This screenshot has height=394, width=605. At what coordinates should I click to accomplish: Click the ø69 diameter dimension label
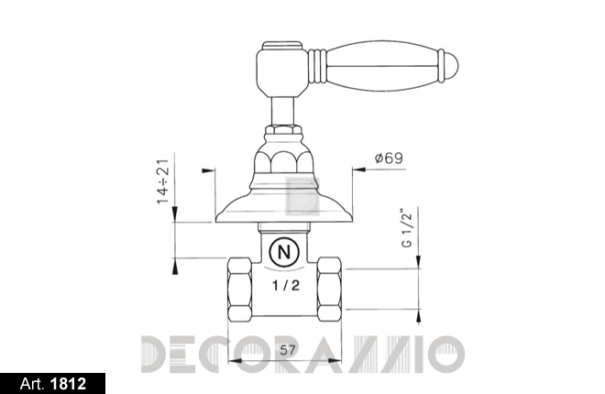(389, 159)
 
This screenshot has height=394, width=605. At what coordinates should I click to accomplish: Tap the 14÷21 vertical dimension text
(163, 181)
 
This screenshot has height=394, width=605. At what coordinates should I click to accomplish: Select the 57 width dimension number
(288, 350)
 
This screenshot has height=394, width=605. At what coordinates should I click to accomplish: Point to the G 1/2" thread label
(407, 228)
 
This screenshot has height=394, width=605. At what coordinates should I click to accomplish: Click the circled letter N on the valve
(284, 253)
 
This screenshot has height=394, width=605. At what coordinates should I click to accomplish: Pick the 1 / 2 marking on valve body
(286, 286)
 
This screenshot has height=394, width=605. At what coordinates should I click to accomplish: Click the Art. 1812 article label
(53, 384)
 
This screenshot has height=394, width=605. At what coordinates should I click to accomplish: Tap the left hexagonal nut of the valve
(239, 290)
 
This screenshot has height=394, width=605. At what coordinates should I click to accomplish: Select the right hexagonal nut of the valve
(329, 290)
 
